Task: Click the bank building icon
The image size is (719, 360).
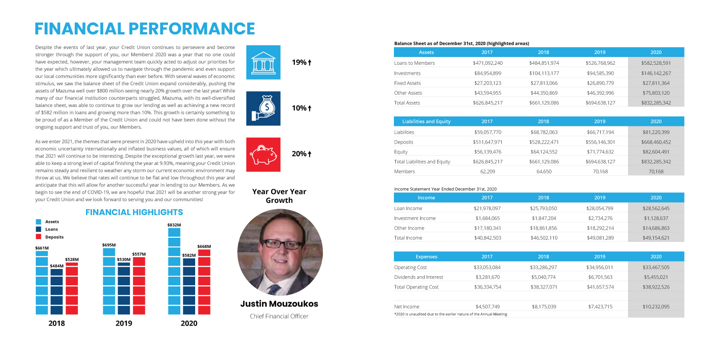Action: pos(263,62)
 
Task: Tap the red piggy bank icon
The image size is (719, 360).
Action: pos(263,154)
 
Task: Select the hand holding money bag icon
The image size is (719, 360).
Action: pos(263,108)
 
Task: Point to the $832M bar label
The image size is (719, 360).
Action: pos(174,225)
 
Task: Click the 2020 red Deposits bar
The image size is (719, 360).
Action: pos(204,282)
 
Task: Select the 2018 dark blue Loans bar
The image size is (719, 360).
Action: pos(57,291)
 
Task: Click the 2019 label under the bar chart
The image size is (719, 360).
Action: pos(124,323)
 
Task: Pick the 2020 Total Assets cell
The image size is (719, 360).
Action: pos(656,103)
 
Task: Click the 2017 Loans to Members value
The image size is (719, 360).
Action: pos(487,63)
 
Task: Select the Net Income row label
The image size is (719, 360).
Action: pos(407,307)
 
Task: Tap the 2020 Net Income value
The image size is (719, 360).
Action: pos(656,307)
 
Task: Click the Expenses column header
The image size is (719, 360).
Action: pos(426,257)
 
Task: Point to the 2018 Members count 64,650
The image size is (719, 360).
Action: pos(544,172)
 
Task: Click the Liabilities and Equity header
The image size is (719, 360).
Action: pos(426,121)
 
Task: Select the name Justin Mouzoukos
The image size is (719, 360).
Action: pos(279,304)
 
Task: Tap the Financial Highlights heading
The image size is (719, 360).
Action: pos(134,212)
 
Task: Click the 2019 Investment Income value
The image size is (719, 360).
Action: pos(600,218)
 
